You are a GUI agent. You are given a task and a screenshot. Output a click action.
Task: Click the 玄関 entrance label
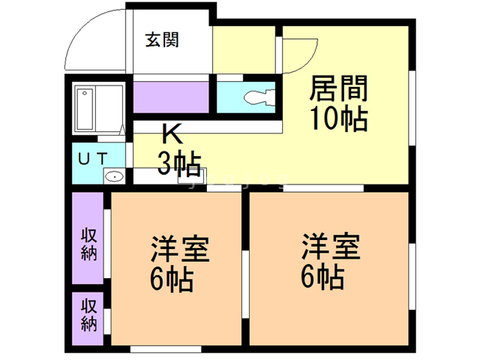(162, 40)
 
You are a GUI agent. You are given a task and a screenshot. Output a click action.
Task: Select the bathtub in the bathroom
(85, 109)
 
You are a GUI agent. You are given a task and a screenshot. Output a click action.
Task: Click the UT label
(93, 158)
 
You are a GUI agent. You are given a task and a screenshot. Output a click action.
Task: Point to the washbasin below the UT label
(114, 177)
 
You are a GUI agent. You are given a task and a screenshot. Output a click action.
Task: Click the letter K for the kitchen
(173, 133)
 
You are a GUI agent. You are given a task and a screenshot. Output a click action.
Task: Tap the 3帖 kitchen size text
(179, 164)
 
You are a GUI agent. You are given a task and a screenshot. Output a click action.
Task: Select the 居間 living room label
(338, 88)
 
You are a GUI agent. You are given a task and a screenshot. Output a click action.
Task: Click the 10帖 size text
(339, 118)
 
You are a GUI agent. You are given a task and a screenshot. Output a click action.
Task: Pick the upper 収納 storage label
(88, 244)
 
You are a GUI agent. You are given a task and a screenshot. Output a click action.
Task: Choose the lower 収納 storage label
(88, 315)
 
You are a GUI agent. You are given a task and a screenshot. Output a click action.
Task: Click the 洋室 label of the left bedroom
(180, 248)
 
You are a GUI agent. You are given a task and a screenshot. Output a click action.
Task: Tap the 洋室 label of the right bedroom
(331, 247)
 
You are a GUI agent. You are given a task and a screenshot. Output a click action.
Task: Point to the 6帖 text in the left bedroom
(172, 279)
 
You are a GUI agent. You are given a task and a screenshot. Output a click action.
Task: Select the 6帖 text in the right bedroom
(322, 277)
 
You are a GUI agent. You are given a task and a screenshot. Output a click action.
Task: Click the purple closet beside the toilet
(171, 97)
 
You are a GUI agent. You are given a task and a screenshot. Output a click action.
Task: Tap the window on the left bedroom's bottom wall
(166, 349)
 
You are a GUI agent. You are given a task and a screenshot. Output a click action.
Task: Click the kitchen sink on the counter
(192, 176)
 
